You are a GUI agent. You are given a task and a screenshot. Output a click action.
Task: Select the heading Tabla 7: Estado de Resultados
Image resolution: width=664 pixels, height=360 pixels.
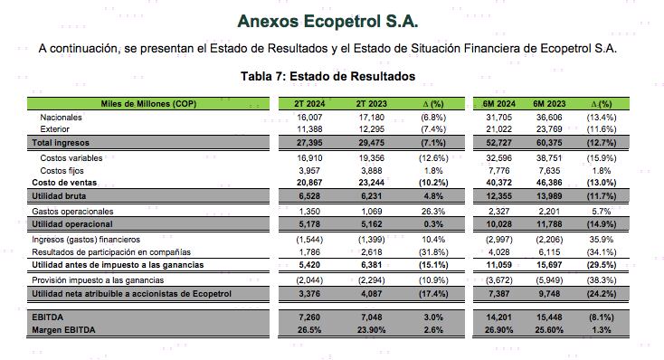[327, 76]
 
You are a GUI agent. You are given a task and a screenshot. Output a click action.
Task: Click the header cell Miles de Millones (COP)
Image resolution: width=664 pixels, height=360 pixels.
[148, 104]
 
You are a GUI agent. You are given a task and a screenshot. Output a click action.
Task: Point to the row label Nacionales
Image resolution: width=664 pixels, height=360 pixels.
[61, 118]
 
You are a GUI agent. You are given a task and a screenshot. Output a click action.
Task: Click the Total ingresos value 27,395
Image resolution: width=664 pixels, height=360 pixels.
[310, 143]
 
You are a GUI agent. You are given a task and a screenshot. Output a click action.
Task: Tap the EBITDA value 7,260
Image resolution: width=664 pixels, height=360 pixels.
[310, 317]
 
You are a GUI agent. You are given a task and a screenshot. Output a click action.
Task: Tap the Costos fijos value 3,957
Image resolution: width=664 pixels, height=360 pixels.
[310, 170]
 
